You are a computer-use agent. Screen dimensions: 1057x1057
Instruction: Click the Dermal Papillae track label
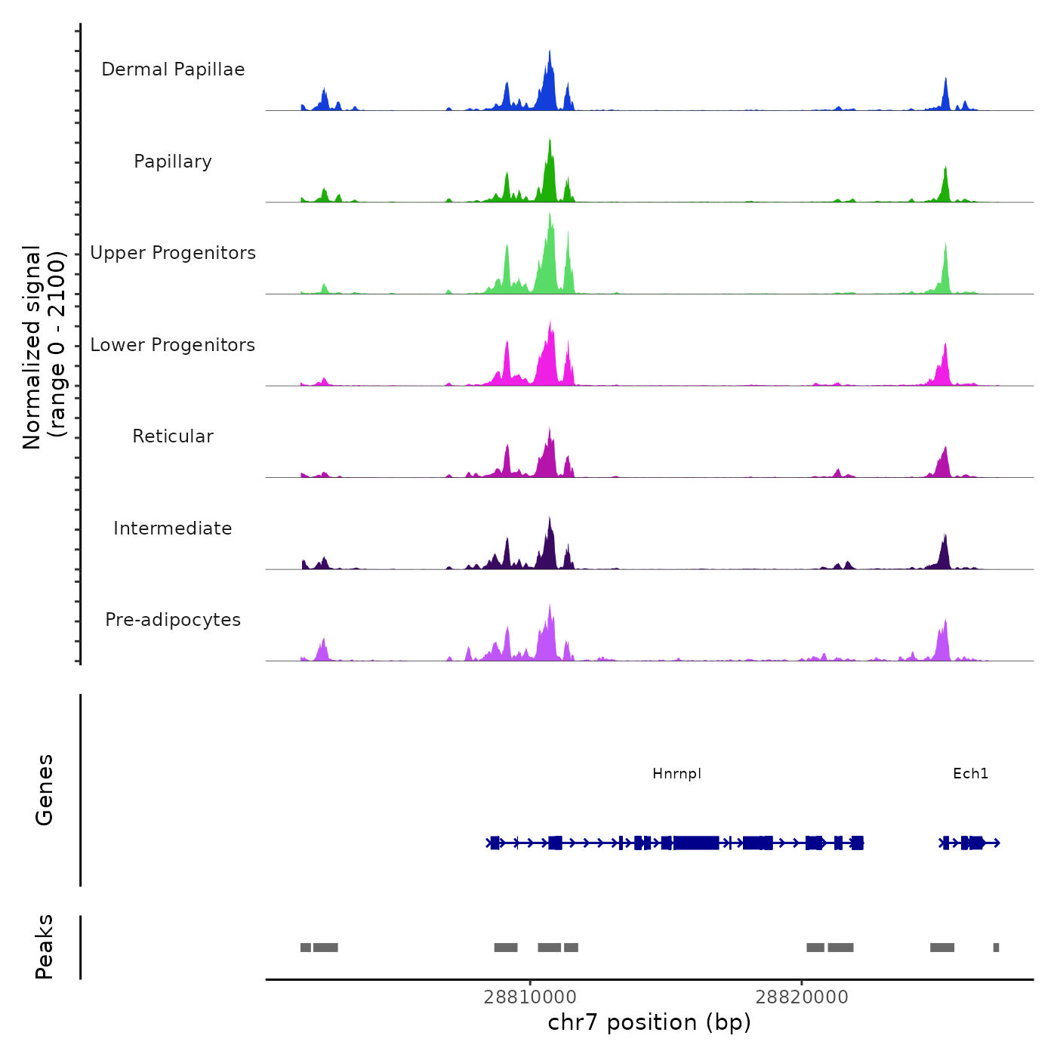tap(173, 69)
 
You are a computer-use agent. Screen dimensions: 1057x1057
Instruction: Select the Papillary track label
tap(173, 162)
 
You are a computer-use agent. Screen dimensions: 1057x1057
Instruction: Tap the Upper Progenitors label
tap(173, 253)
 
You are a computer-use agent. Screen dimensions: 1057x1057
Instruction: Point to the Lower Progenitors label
tap(173, 345)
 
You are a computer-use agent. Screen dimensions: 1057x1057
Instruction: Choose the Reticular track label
tap(173, 436)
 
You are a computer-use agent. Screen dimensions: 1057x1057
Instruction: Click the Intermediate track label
tap(173, 528)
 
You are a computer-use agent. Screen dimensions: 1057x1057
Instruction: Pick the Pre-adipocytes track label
tap(173, 620)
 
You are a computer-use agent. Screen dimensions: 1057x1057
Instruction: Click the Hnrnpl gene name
tap(676, 774)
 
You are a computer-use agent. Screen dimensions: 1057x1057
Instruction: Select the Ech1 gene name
tap(970, 774)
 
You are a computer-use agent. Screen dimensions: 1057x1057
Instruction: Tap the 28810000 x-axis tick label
tap(530, 997)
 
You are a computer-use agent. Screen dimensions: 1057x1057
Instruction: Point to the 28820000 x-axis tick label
tap(802, 997)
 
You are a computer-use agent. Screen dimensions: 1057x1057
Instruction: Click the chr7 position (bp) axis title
tap(649, 1022)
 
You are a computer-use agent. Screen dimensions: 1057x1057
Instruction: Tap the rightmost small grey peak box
tap(996, 948)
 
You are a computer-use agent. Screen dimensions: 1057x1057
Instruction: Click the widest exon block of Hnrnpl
tap(695, 843)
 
